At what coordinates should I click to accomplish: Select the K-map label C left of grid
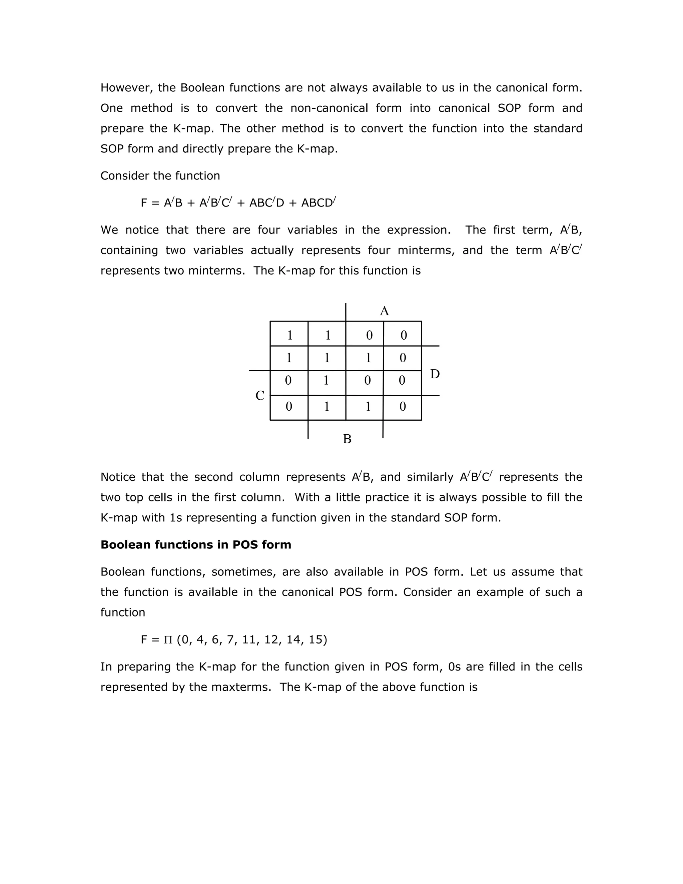260,395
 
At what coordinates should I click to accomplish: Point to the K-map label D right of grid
435,374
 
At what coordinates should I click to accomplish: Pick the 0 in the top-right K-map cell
404,335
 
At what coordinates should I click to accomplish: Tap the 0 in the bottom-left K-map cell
288,406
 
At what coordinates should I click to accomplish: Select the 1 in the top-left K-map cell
289,335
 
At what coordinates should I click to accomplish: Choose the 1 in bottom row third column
368,406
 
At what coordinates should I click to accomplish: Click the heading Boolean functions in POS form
195,545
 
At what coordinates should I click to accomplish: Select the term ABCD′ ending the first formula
318,202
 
